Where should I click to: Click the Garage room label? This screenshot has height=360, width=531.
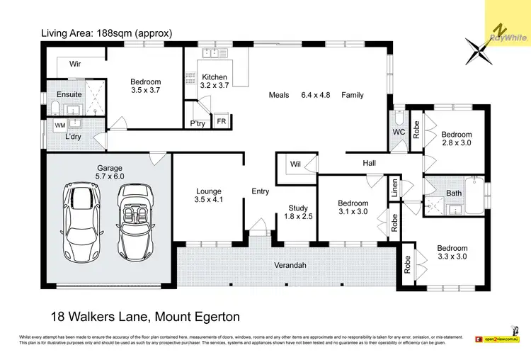tap(110, 173)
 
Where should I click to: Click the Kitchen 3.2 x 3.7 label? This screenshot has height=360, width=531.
tap(215, 81)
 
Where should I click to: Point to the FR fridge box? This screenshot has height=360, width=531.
tap(222, 122)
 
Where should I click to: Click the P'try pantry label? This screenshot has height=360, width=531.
tap(197, 123)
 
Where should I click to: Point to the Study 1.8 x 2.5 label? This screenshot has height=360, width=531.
tap(297, 211)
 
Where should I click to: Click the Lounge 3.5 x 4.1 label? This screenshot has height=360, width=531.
tap(209, 196)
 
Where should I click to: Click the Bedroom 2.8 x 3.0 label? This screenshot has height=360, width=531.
tap(456, 138)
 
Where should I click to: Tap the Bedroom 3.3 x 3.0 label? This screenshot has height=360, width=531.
tap(452, 252)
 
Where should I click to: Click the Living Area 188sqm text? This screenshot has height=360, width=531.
tap(107, 33)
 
